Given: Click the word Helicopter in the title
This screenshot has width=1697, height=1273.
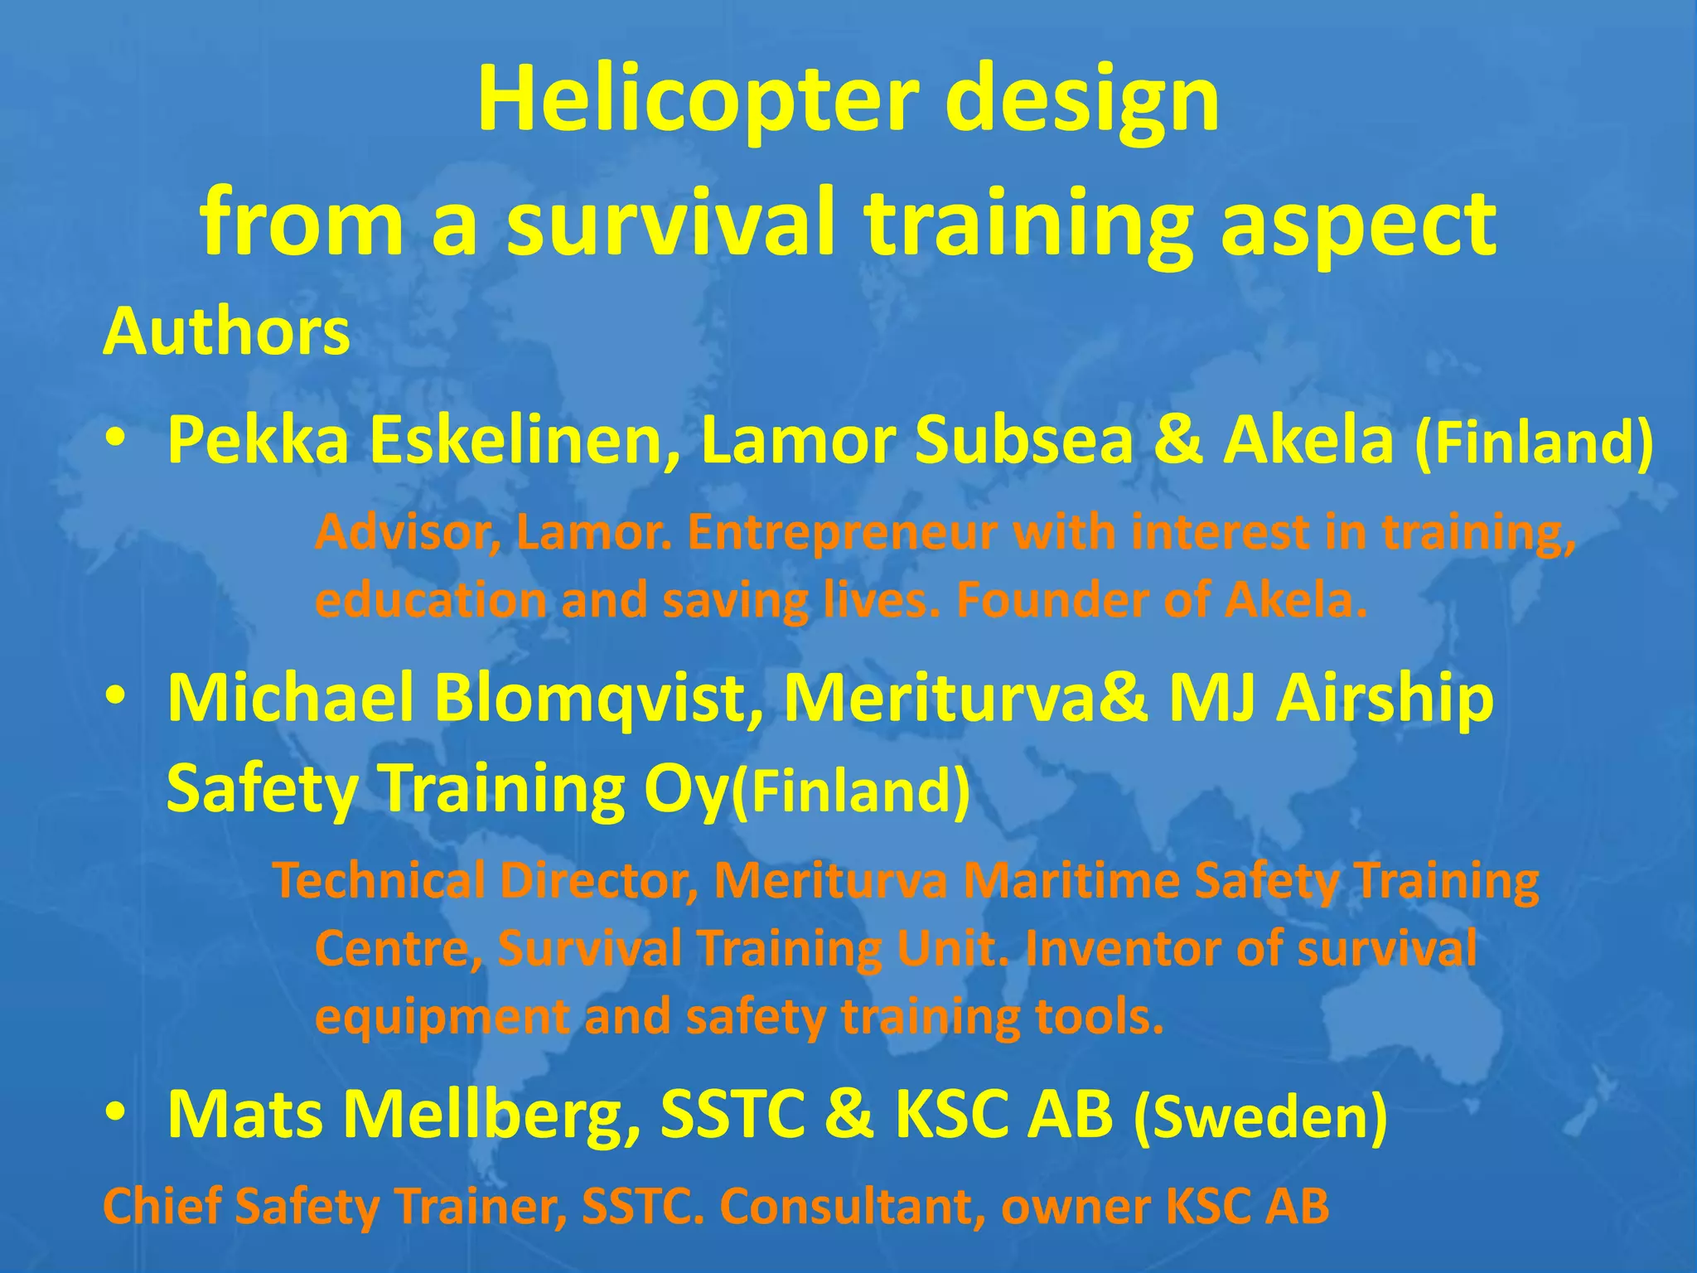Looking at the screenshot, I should [698, 101].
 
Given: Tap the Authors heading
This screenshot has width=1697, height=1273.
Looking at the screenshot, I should [226, 332].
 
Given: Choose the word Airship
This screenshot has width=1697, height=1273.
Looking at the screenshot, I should [1385, 698].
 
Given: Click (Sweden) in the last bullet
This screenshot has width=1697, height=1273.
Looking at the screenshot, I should [1259, 1117].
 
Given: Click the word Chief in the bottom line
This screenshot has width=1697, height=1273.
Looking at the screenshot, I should [162, 1206].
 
